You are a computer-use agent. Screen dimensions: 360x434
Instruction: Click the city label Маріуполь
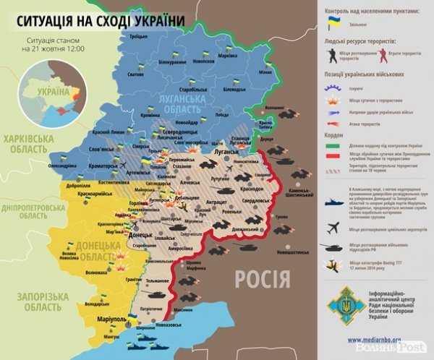[x=101, y=318]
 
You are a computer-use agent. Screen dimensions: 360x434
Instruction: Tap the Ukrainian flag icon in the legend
[x=334, y=23]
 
